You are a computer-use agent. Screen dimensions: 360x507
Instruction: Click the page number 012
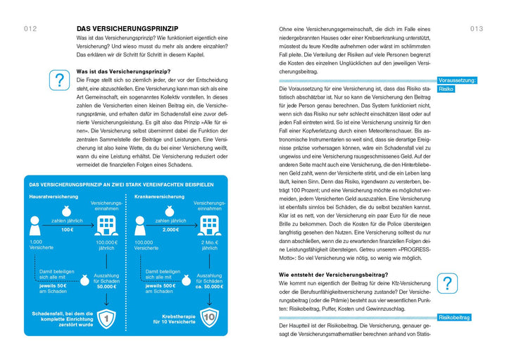[x=29, y=29]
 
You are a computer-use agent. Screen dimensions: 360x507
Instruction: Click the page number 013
[x=477, y=29]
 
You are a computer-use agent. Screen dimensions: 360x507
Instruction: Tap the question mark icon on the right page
[x=447, y=283]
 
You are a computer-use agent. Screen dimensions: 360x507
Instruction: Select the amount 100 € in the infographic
[x=67, y=230]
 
